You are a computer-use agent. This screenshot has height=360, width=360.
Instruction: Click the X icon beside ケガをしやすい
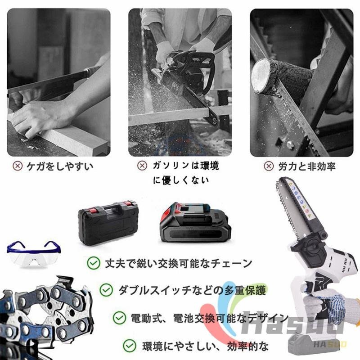coord(18,166)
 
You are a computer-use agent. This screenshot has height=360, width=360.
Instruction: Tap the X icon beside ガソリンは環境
coord(142,166)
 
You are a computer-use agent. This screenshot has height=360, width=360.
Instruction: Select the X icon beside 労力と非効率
coord(269,166)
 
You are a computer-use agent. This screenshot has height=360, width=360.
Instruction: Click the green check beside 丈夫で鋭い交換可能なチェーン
coord(94,263)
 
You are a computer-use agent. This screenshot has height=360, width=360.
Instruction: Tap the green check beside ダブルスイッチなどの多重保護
coord(106,289)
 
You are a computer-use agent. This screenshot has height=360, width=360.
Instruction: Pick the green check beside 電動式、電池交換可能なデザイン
coord(119,318)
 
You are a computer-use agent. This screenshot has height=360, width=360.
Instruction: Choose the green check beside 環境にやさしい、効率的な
coord(130,346)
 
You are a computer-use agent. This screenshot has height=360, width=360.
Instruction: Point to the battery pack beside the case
coord(195,223)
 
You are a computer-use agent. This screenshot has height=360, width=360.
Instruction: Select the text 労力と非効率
coord(307,166)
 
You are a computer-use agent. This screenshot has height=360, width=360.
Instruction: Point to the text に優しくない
coord(181,180)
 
